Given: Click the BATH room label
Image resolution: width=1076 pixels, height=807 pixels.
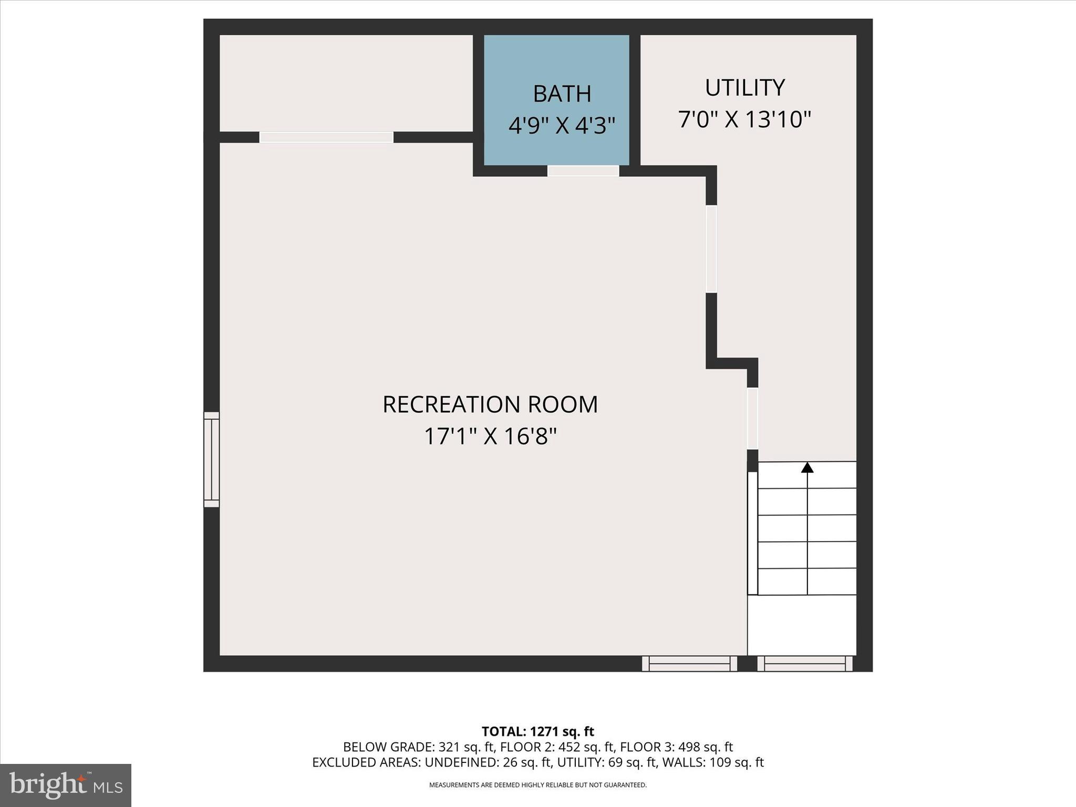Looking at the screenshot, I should (x=562, y=94).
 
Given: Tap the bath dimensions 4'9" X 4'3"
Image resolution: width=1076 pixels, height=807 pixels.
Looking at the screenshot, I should (x=562, y=126).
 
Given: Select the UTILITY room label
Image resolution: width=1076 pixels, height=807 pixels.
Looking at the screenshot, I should (x=744, y=88).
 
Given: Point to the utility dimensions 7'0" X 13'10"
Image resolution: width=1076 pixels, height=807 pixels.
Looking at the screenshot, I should (x=744, y=120).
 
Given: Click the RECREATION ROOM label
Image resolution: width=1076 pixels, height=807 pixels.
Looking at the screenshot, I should (x=490, y=405).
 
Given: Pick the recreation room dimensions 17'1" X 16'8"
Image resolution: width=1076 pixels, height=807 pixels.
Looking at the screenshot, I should (x=490, y=437).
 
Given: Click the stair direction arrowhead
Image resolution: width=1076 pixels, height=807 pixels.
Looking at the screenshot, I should (x=807, y=467).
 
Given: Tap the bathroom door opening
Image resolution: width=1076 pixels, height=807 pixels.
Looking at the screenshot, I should (x=583, y=171).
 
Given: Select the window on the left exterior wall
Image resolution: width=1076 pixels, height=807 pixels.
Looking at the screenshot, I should (x=211, y=460).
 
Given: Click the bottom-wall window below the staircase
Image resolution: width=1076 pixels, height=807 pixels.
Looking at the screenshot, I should (x=804, y=664).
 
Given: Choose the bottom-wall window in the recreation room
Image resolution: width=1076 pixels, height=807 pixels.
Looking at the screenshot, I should (x=689, y=664).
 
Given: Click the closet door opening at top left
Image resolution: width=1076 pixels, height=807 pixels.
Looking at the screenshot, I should (x=326, y=137).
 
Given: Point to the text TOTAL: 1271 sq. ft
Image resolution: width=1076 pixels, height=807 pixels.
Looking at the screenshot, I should (x=537, y=731).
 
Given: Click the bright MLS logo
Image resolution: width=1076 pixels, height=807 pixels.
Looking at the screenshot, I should (x=66, y=785).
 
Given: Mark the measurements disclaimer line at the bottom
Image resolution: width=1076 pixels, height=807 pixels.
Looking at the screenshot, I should (x=537, y=785).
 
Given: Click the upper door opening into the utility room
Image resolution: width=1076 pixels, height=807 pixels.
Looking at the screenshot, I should (x=711, y=249).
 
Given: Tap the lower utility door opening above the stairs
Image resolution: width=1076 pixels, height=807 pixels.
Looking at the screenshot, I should (x=752, y=418).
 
